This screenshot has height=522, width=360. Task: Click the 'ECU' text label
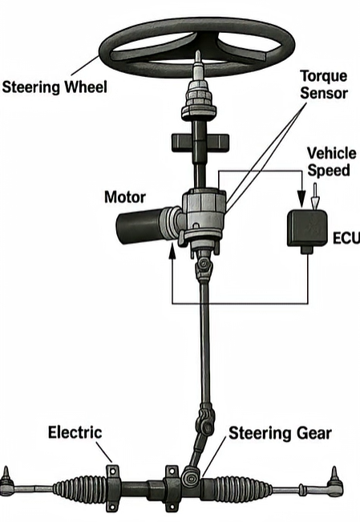(x=342, y=238)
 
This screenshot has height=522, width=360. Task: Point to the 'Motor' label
(x=124, y=196)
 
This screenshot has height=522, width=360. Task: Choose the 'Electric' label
(x=75, y=432)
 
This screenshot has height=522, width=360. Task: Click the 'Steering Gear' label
(x=280, y=434)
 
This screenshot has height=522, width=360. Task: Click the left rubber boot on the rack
(x=78, y=488)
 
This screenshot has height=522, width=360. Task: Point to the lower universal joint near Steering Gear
(x=205, y=422)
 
